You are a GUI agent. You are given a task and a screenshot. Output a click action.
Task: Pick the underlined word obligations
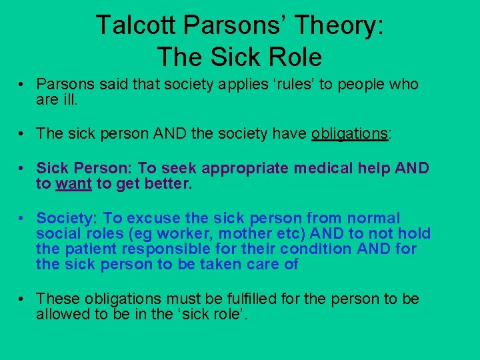349,133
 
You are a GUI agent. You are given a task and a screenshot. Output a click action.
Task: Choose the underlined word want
74,184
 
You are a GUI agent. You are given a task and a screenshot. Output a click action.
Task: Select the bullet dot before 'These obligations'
22,299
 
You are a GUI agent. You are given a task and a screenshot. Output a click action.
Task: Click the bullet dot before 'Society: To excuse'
22,219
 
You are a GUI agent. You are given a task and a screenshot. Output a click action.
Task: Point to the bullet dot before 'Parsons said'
22,85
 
